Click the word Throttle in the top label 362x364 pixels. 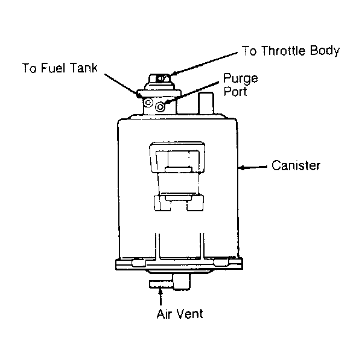(x=284, y=51)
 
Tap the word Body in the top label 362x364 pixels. (x=325, y=51)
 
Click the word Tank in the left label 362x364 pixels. (x=84, y=68)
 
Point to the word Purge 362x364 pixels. (x=241, y=79)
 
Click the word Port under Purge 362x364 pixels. (x=235, y=92)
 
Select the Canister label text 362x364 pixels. (x=296, y=165)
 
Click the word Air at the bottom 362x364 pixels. (x=164, y=314)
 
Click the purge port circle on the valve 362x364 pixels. (x=160, y=107)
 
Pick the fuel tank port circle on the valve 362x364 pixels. (x=148, y=103)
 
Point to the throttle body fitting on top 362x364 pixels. (x=160, y=79)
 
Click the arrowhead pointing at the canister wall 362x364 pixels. (x=242, y=167)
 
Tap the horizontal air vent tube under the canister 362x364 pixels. (x=161, y=284)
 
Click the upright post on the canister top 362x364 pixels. (x=206, y=103)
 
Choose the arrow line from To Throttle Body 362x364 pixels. (x=203, y=63)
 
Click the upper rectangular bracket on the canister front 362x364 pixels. (x=177, y=158)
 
